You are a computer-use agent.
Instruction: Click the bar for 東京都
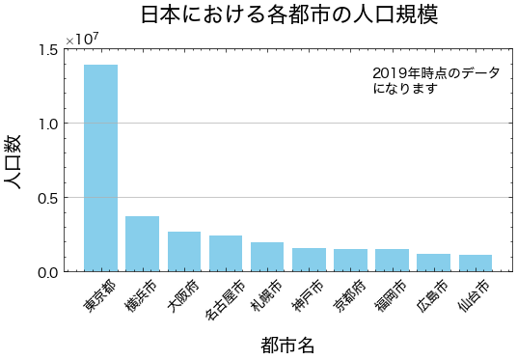coord(100,168)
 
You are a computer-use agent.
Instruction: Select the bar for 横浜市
coord(142,244)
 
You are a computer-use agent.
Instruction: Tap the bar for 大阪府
coord(183,252)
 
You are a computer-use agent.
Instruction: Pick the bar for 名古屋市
coord(225,254)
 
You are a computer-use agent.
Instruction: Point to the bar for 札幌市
coord(266,257)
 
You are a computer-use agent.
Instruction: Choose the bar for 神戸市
coord(309,260)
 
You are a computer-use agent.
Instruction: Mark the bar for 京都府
coord(350,261)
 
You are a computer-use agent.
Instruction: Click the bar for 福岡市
coord(392,261)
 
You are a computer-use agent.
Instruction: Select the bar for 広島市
coord(433,263)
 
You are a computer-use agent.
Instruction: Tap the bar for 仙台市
coord(475,263)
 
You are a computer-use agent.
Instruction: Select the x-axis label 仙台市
coord(473,295)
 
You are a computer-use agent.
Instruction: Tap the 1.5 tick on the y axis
coord(47,49)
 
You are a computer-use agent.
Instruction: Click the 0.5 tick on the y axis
coord(47,198)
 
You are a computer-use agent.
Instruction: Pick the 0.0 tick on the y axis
coord(47,272)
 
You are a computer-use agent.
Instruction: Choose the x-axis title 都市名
coord(287,344)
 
